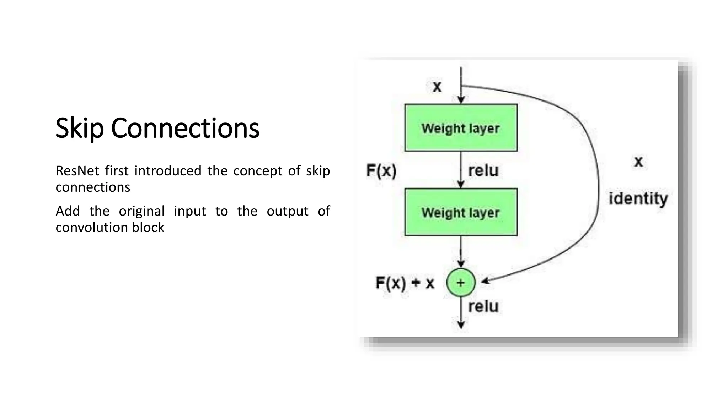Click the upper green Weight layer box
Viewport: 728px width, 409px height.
coord(461,128)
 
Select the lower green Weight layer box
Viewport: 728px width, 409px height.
coord(461,212)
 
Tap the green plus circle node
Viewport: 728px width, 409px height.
coord(461,283)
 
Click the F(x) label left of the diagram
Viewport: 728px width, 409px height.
coord(381,171)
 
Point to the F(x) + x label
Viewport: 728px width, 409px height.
coord(405,283)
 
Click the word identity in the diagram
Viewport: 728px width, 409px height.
coord(638,198)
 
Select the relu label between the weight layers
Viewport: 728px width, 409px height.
coord(483,170)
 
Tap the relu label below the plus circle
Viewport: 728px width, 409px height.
coord(483,306)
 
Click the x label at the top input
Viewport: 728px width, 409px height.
coord(437,86)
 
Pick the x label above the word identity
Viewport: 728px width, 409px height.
coord(638,162)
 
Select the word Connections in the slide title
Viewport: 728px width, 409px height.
coord(185,128)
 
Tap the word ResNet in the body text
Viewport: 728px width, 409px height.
coord(77,171)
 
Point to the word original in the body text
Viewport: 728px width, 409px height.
coord(141,211)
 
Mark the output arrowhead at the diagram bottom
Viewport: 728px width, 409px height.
coord(461,325)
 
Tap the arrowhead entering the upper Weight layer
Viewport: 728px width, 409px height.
coord(461,100)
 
